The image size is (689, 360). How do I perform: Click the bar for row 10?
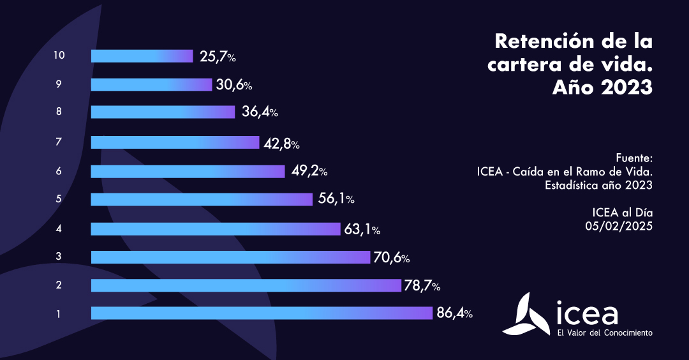pyautogui.click(x=142, y=56)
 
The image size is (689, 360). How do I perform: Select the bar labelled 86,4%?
pyautogui.click(x=262, y=313)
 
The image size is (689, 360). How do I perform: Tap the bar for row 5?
pyautogui.click(x=202, y=199)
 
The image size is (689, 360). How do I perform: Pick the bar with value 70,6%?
pyautogui.click(x=230, y=257)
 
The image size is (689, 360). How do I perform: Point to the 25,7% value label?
pyautogui.click(x=218, y=57)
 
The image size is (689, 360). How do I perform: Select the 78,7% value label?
pyautogui.click(x=421, y=285)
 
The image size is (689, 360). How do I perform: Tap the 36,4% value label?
pyautogui.click(x=260, y=112)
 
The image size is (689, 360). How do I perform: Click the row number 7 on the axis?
pyautogui.click(x=59, y=142)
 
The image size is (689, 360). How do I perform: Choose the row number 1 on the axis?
pyautogui.click(x=59, y=313)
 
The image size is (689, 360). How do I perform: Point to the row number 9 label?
pyautogui.click(x=59, y=84)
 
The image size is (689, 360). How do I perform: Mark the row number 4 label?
pyautogui.click(x=59, y=228)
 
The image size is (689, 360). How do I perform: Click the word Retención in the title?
pyautogui.click(x=545, y=41)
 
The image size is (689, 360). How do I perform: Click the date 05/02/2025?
pyautogui.click(x=619, y=225)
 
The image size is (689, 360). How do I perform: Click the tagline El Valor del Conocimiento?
pyautogui.click(x=605, y=333)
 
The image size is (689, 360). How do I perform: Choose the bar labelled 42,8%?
pyautogui.click(x=175, y=142)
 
